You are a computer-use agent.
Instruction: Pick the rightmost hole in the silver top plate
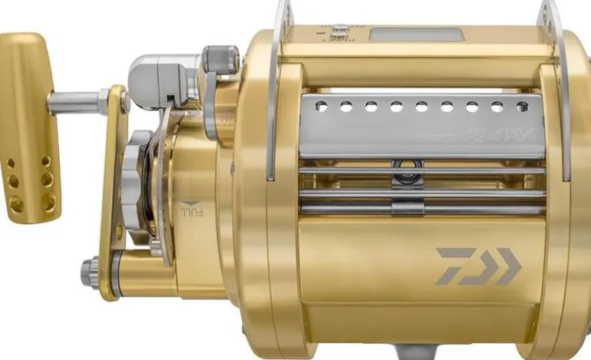point(522,107)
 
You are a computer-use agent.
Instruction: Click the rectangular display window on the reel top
point(415,35)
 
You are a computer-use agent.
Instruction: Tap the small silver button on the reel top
point(339,31)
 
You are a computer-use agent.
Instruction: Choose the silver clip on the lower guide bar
point(408,206)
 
